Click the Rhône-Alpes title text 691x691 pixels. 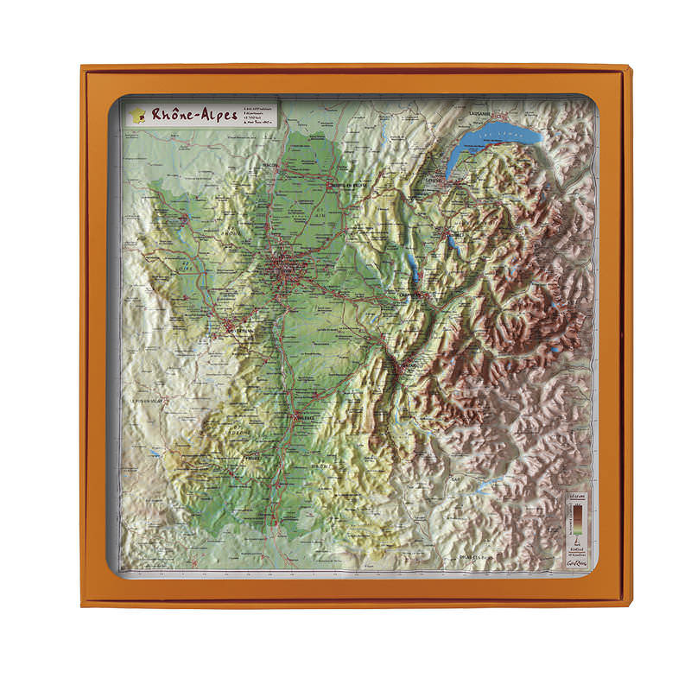(x=193, y=114)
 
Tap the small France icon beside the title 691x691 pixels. (x=136, y=113)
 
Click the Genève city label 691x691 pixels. (x=441, y=177)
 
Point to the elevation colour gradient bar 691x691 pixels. (x=574, y=523)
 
